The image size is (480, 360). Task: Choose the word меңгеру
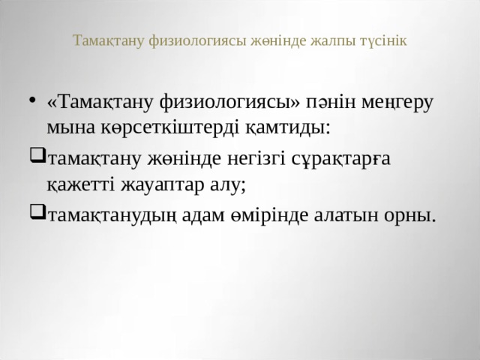pos(397,102)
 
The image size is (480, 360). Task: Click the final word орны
pos(410,215)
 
